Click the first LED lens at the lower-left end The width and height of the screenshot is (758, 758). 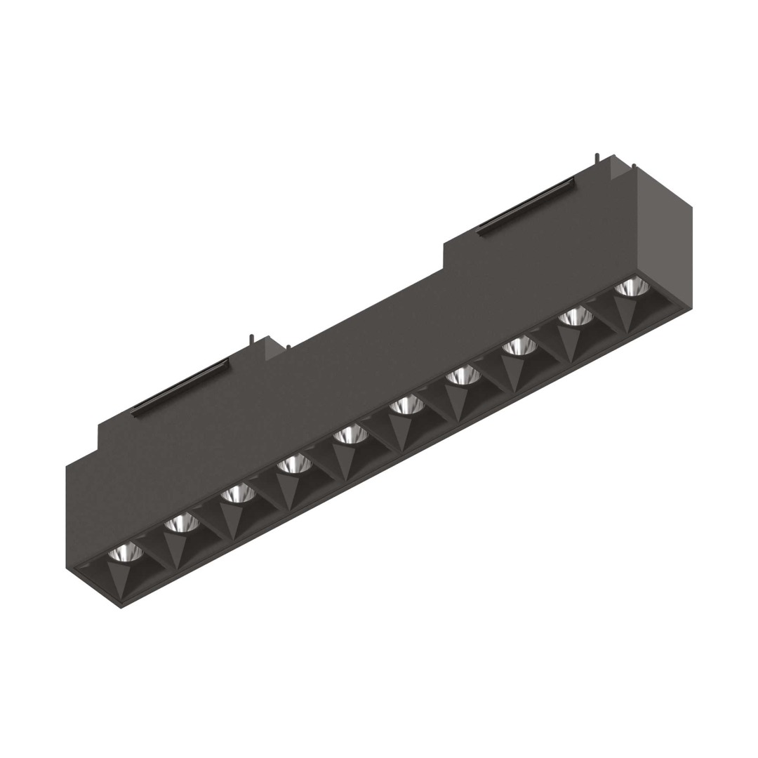(126, 552)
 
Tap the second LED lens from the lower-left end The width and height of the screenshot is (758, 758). (182, 522)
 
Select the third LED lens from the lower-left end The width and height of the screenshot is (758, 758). (238, 493)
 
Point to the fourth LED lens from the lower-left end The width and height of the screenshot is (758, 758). (294, 464)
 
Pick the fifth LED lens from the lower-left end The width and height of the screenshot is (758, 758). (350, 435)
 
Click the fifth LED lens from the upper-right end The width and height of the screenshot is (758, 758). (407, 405)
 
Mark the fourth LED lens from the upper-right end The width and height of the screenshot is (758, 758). (463, 375)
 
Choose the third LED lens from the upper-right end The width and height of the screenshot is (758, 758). (519, 346)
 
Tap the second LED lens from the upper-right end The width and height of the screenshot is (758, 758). (576, 317)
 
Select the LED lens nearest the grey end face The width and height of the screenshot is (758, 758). (632, 287)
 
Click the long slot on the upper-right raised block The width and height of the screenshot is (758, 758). (526, 206)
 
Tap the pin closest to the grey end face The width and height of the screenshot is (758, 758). (634, 167)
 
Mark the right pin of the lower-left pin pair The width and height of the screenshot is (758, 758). (288, 347)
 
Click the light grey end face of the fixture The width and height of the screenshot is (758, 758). (663, 239)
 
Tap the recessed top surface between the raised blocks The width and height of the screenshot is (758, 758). (365, 309)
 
